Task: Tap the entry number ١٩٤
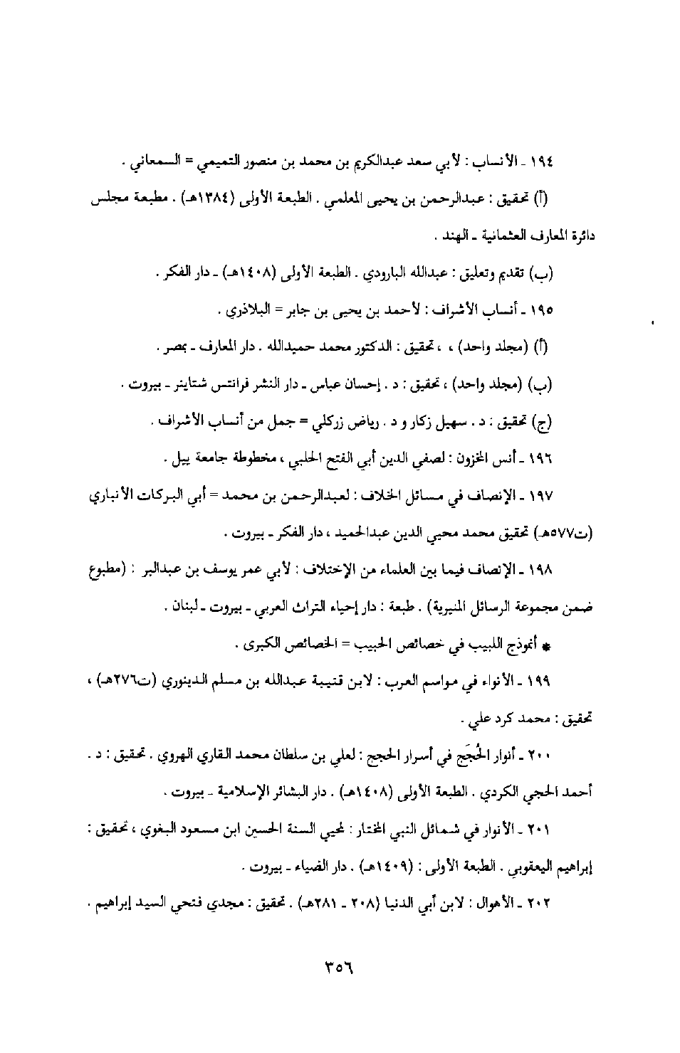(x=543, y=161)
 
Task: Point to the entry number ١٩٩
(x=543, y=682)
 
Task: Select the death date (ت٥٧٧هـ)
(x=570, y=534)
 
